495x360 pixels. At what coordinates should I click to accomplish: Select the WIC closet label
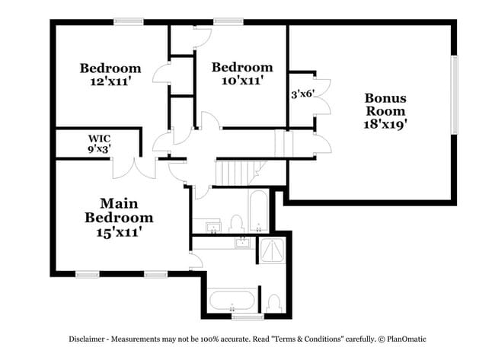point(99,139)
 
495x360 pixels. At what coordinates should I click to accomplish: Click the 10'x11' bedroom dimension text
point(241,80)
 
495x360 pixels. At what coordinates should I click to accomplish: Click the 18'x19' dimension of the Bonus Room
point(385,124)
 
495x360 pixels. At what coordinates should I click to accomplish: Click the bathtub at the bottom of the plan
point(233,300)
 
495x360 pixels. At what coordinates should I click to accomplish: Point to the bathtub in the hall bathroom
point(257,210)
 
